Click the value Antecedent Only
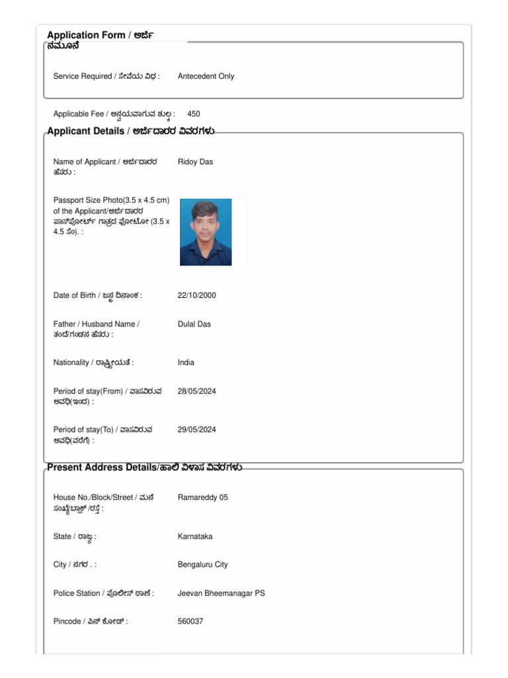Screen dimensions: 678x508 (206, 76)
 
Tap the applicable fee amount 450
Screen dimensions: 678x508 (194, 114)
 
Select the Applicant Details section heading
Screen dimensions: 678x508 (131, 131)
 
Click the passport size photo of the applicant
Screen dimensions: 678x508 (206, 232)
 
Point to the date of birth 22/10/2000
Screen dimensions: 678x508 (196, 295)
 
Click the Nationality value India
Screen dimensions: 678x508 (186, 363)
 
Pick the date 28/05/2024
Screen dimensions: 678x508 (196, 391)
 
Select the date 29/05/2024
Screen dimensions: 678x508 (196, 430)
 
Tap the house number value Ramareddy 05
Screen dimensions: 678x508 (202, 497)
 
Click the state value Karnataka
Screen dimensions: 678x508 (195, 536)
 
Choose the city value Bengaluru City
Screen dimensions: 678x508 (202, 565)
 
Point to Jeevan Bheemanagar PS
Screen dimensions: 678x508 (221, 593)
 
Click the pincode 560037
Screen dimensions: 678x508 (190, 622)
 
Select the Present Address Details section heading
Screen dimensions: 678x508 (144, 467)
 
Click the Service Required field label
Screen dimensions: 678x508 (106, 76)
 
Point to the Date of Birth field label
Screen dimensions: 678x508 (98, 295)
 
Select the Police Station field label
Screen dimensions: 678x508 (104, 593)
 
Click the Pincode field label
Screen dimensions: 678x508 (91, 622)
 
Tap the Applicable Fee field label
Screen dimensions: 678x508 (114, 114)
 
